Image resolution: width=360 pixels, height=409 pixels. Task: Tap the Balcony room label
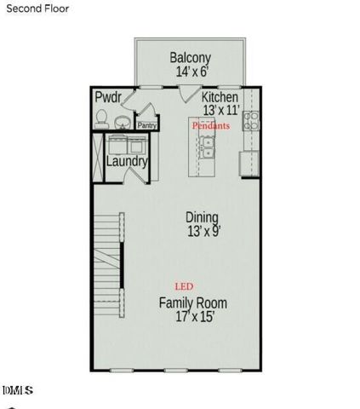190,58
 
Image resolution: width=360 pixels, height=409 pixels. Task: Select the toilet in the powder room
101,118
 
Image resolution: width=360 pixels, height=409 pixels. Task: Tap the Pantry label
146,125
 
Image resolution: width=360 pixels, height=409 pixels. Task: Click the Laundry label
128,161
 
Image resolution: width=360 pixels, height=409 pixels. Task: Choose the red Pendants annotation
210,125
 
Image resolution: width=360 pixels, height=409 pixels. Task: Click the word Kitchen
220,98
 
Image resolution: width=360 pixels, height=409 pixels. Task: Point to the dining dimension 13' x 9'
202,231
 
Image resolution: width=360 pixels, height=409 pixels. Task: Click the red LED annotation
182,285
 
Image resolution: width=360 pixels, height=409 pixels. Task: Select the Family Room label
192,302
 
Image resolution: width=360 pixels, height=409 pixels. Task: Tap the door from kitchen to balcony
190,95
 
